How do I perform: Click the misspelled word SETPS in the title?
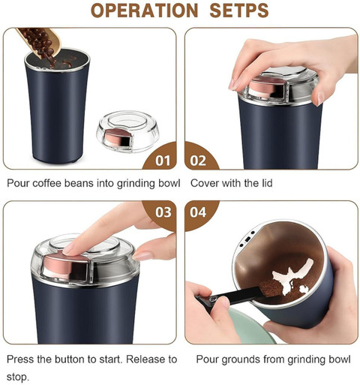pos(239,11)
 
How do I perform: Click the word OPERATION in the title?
pos(145,11)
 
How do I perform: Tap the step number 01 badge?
pos(163,161)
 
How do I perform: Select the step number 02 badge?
pos(198,161)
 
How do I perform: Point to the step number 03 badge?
pos(163,212)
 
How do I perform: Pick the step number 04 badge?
pos(198,212)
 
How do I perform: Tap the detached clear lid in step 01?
pos(127,131)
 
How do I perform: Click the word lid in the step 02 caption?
pos(265,183)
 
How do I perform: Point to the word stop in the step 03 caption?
pos(16,377)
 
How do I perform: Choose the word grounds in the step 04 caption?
pos(239,359)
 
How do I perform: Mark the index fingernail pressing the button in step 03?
pos(68,249)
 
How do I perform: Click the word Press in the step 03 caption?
pos(20,359)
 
